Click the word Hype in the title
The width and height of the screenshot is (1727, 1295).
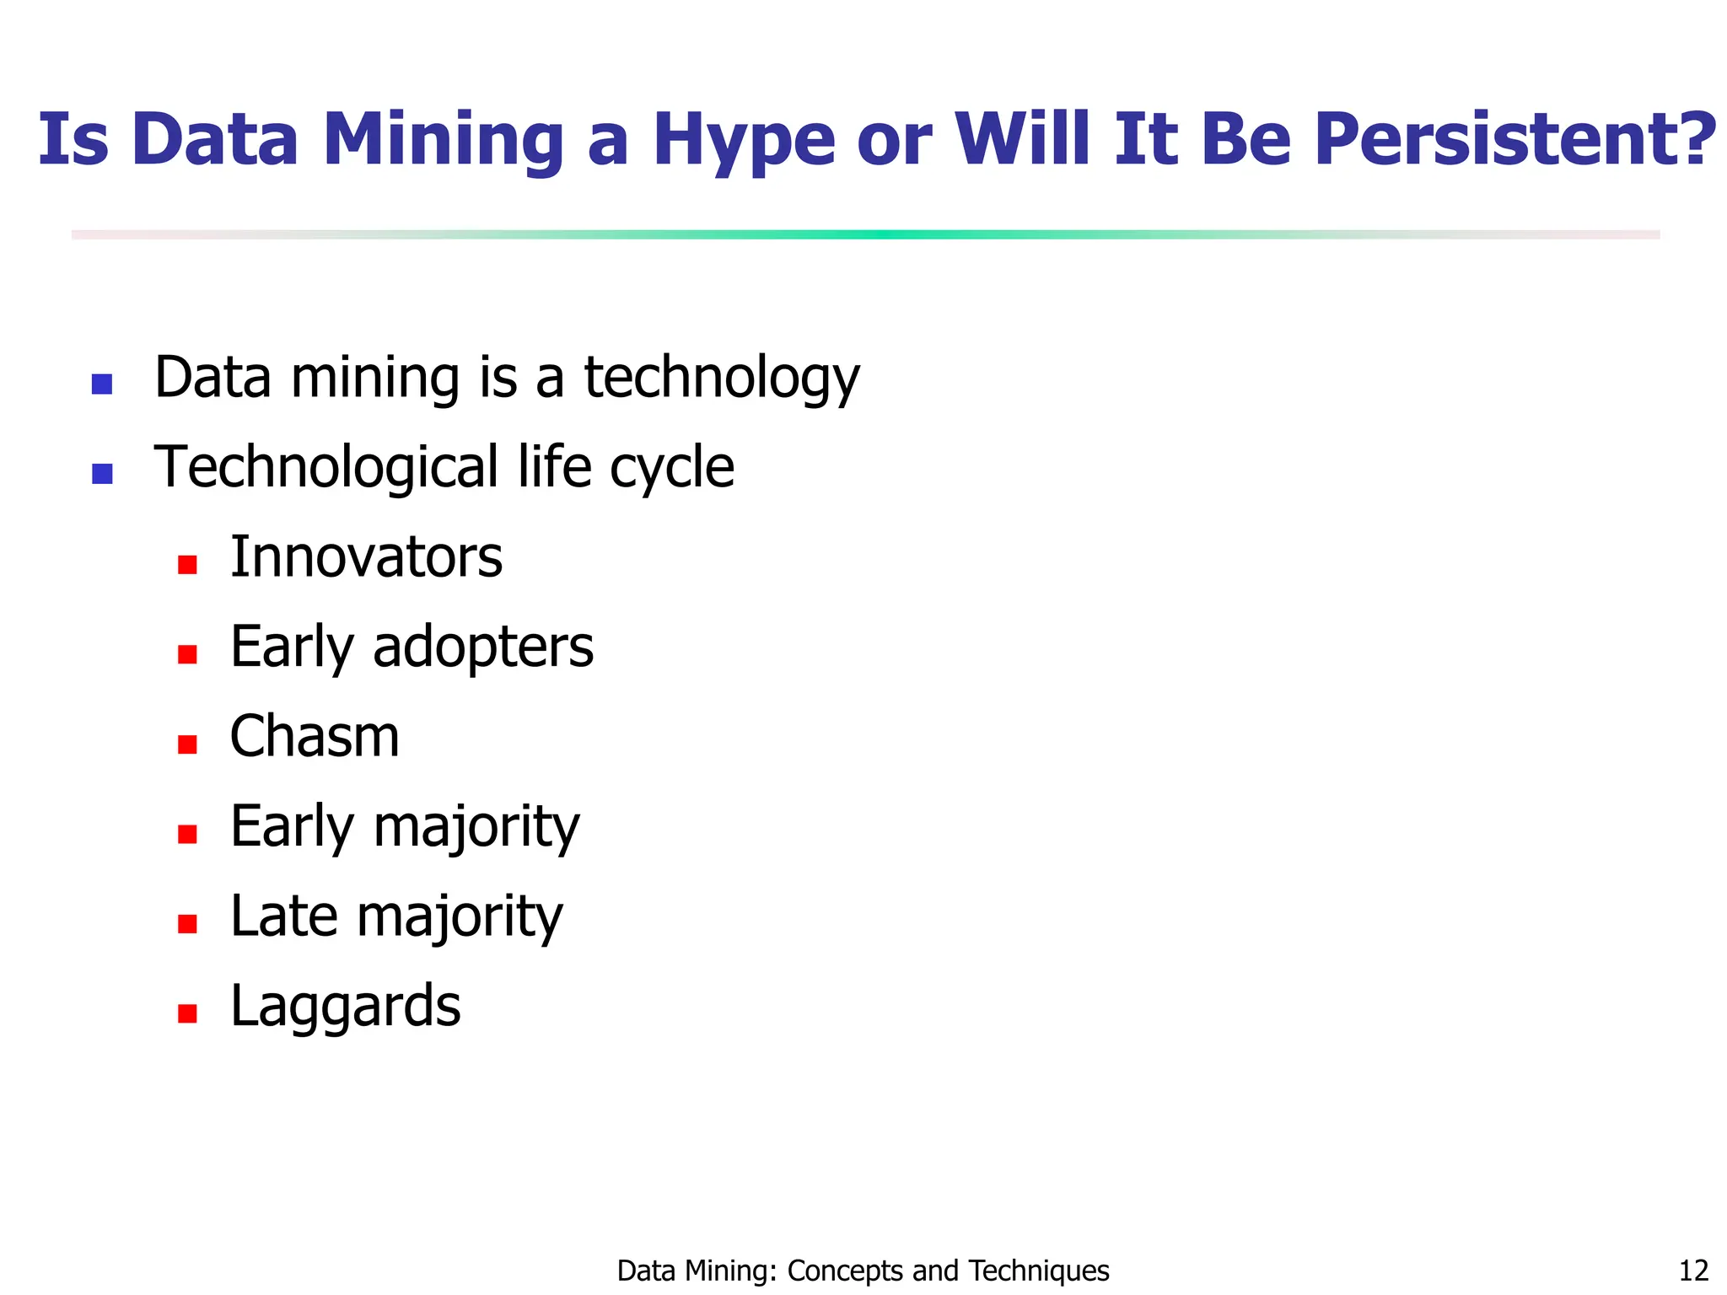[x=744, y=142]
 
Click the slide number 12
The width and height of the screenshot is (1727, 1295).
[x=1693, y=1270]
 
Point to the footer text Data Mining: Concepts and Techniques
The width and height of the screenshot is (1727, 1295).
[x=863, y=1270]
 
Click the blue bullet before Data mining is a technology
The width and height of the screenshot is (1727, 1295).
[x=102, y=384]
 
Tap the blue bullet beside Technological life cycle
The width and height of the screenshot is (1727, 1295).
[x=102, y=474]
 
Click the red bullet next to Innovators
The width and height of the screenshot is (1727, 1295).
[x=187, y=565]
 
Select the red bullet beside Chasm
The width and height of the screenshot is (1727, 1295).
[x=187, y=744]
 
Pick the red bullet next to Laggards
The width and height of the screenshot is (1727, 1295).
[x=187, y=1013]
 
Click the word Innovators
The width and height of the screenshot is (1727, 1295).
[x=366, y=557]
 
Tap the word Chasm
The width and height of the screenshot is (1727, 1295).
[x=315, y=737]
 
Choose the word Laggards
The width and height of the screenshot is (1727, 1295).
[x=346, y=1007]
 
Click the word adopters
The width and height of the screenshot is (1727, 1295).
[x=482, y=647]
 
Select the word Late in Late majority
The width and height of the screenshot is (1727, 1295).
[x=283, y=916]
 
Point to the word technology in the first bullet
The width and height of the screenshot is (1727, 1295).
[x=722, y=378]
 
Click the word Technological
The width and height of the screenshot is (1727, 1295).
[x=326, y=467]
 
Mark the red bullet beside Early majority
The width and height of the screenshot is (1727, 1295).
[x=187, y=835]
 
